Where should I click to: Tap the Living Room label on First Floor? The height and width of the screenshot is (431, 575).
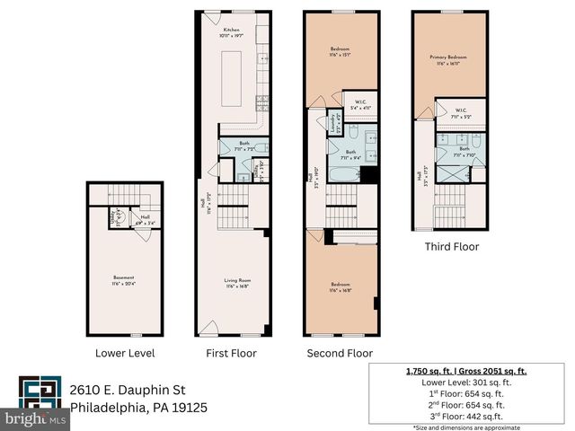coord(236,281)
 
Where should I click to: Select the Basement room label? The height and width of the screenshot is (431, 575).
coord(123,277)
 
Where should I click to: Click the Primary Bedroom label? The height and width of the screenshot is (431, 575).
coord(445,57)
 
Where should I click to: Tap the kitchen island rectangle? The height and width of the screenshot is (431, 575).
coord(234,72)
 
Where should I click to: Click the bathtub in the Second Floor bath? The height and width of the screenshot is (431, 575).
coord(341,171)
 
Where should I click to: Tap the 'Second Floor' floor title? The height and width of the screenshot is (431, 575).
coord(340,353)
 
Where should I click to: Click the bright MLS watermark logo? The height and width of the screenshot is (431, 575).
coord(36,418)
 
